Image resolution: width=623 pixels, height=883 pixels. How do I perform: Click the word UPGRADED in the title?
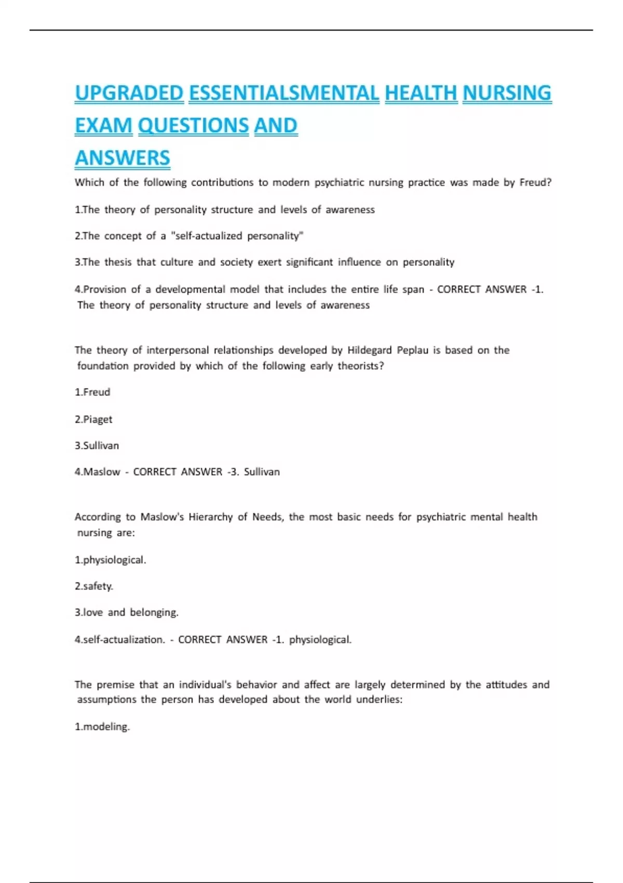[x=129, y=93]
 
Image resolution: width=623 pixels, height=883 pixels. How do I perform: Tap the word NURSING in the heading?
[x=507, y=93]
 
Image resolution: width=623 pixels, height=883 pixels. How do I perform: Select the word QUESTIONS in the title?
[x=193, y=126]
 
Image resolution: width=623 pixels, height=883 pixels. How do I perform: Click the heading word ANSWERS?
[x=123, y=158]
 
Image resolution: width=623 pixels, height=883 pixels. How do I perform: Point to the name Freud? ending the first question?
[x=535, y=182]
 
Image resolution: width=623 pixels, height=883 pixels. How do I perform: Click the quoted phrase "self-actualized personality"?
[x=237, y=236]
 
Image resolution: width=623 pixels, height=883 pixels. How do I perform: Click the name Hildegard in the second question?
[x=369, y=350]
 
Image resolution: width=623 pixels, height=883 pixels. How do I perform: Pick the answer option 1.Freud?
[x=92, y=392]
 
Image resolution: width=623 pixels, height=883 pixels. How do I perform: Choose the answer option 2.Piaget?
[x=93, y=419]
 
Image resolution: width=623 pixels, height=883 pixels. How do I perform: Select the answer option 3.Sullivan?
[x=97, y=446]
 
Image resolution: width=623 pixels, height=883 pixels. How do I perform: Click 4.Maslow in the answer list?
[x=98, y=472]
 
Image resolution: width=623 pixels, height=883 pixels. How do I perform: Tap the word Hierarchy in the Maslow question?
[x=210, y=517]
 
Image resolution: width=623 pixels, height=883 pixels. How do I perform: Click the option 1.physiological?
[x=111, y=560]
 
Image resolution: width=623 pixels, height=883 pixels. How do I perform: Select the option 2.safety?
[x=94, y=586]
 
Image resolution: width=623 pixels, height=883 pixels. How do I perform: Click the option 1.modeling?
[x=102, y=727]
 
